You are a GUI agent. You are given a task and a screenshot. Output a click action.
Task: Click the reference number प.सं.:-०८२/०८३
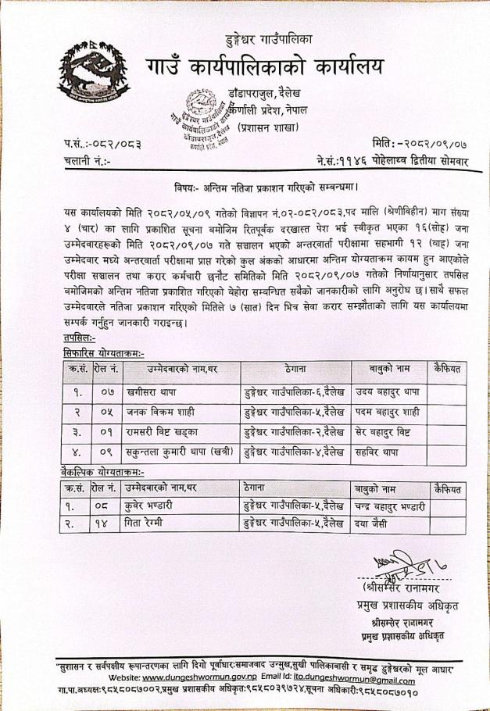(97, 144)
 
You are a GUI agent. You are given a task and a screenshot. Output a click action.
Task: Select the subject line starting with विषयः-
(266, 188)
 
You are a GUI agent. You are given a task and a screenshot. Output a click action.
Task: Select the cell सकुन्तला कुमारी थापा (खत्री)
(181, 450)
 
